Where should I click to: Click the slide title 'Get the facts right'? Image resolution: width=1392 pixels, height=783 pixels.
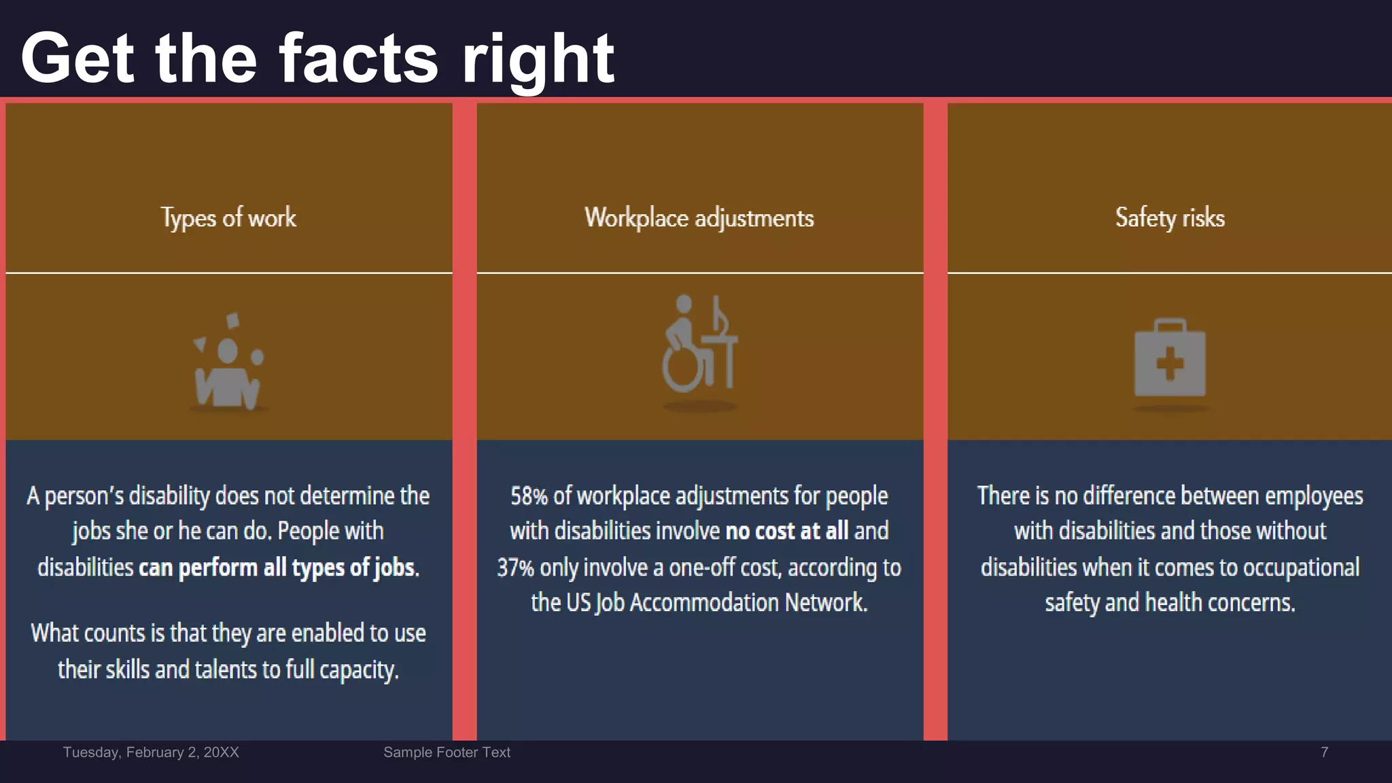coord(317,59)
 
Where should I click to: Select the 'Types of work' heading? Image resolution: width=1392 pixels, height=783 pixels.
coord(228,218)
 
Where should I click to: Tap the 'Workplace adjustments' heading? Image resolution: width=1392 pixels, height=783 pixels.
coord(699,218)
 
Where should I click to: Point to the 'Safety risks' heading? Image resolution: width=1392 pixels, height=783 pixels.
coord(1170,218)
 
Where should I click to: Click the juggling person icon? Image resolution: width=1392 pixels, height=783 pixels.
coord(228,364)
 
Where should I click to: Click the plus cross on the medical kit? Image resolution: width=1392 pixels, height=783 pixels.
coord(1170,363)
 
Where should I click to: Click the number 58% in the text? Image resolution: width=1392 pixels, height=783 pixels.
coord(529,496)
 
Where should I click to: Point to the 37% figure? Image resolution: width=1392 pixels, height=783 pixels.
coord(515,568)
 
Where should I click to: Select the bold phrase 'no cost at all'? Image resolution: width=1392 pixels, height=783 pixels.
coord(787,532)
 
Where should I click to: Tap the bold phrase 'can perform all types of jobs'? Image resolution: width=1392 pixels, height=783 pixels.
coord(277,568)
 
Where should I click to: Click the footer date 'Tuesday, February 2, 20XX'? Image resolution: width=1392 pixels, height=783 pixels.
coord(151,752)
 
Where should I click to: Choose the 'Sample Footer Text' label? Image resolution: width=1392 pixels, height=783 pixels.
coord(447,752)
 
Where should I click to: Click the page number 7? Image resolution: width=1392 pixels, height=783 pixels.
coord(1324,752)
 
